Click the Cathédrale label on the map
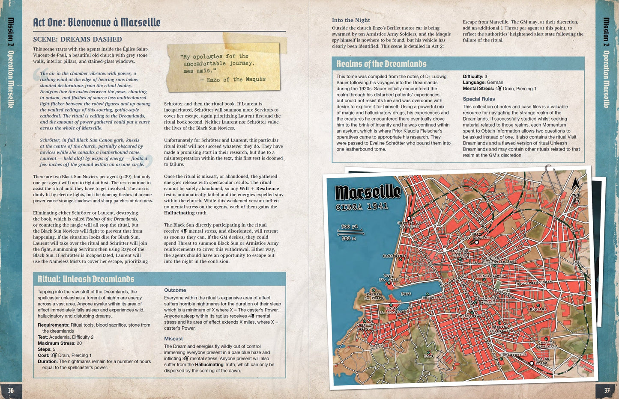click(x=394, y=256)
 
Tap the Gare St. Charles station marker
click(x=476, y=242)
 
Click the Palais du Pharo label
click(x=373, y=296)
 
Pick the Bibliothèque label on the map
click(x=492, y=275)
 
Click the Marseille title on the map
click(x=368, y=193)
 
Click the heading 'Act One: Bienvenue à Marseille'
click(x=97, y=22)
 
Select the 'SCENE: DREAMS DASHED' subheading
click(x=78, y=39)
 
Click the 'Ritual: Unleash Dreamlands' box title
click(x=86, y=279)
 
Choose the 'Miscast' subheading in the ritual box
click(x=173, y=339)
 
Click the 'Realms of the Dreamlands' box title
click(x=381, y=64)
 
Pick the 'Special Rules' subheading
click(x=478, y=99)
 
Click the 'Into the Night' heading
click(x=351, y=20)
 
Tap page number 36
click(x=11, y=390)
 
